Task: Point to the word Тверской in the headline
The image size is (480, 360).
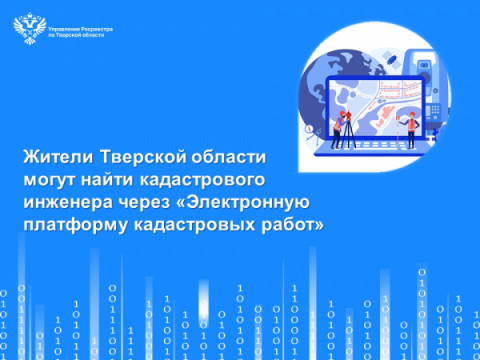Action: click(142, 159)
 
